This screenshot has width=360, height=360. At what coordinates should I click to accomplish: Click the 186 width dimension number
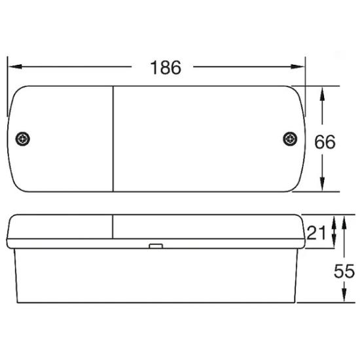[x=166, y=67]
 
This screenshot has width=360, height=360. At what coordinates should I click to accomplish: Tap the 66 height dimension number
[x=325, y=142]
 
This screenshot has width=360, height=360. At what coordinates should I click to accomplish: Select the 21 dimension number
[x=316, y=232]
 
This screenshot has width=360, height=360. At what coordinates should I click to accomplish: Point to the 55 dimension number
[x=344, y=271]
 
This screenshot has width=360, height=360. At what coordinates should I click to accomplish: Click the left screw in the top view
[x=22, y=139]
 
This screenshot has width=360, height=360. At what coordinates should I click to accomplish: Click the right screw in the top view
[x=290, y=139]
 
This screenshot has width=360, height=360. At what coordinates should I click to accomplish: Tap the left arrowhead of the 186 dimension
[x=15, y=67]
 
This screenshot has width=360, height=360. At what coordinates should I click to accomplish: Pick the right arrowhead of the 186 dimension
[x=297, y=67]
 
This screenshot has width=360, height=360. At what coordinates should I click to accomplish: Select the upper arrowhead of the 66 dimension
[x=322, y=94]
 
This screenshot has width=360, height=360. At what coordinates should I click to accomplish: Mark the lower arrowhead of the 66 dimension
[x=322, y=184]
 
